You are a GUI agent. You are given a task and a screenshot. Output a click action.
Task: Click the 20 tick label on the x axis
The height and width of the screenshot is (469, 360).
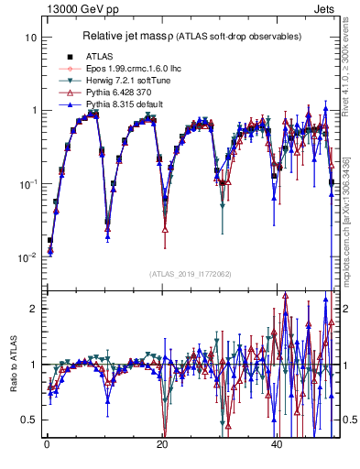tap(162, 443)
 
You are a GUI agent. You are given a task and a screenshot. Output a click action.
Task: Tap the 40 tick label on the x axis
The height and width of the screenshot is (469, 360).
tap(278, 443)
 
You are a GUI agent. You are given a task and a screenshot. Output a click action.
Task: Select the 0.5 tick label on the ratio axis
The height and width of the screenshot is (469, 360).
tap(29, 420)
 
